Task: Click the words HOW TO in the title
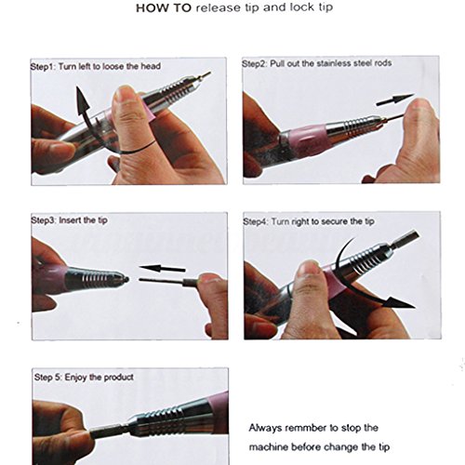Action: click(164, 8)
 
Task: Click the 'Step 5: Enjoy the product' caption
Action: click(84, 378)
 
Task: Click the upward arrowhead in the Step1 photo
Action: click(82, 98)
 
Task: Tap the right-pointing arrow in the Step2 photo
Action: click(395, 100)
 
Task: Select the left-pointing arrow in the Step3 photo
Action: click(162, 268)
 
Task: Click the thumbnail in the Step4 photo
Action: click(307, 268)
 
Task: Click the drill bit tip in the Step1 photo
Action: click(206, 75)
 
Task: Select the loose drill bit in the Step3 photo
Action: click(169, 282)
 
